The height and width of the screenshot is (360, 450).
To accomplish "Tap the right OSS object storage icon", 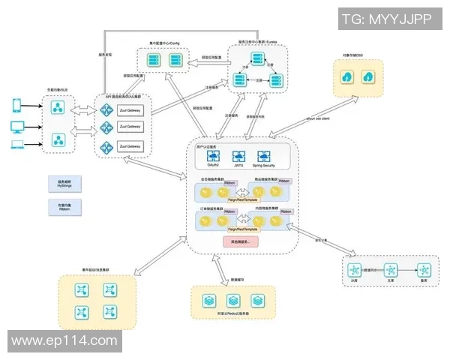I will pyautogui.click(x=369, y=77).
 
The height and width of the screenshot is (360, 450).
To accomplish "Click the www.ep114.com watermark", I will pyautogui.click(x=65, y=341).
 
